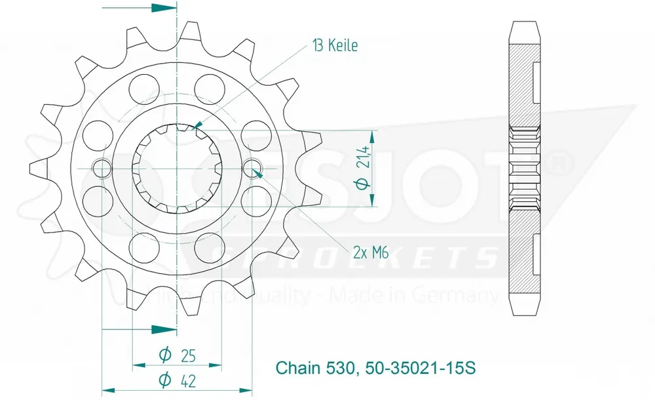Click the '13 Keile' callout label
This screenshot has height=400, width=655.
click(x=334, y=46)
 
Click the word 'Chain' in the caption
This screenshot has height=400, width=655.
click(x=295, y=367)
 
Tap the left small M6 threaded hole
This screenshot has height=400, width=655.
click(x=103, y=169)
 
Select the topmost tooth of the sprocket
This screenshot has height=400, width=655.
click(x=193, y=30)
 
